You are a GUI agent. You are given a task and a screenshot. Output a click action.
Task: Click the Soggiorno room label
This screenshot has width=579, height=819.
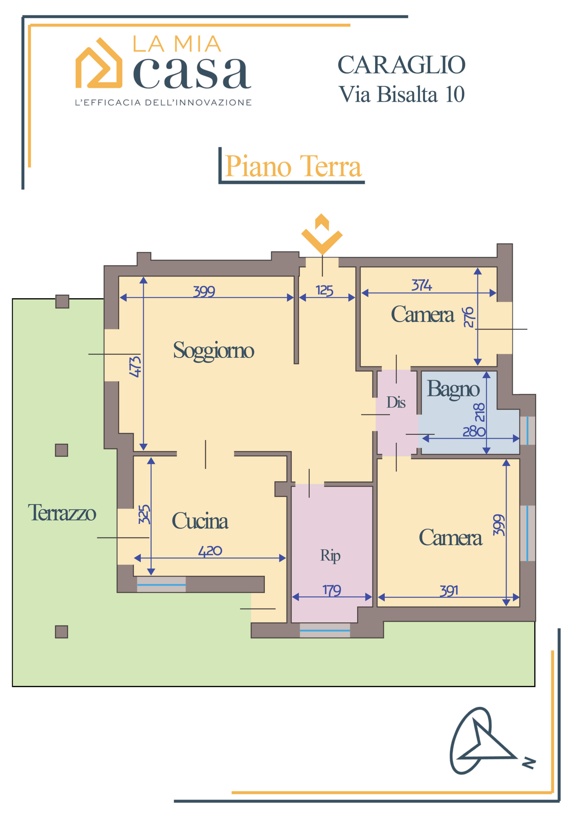213,351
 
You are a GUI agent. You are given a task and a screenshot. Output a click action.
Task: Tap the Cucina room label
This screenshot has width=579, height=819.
200,521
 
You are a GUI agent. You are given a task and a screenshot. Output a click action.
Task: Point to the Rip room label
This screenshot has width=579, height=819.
330,556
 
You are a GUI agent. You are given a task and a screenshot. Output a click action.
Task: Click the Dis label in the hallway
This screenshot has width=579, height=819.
396,403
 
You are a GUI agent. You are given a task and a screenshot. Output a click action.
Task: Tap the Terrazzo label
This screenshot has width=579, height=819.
62,513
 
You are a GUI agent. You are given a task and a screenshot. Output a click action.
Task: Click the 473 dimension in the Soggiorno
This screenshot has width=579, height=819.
135,367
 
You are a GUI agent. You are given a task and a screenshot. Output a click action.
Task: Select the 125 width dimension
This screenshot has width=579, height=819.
324,291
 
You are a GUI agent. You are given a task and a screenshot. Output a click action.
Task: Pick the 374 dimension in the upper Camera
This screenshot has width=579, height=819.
422,285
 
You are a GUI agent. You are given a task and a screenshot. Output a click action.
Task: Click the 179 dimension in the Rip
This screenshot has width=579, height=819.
332,590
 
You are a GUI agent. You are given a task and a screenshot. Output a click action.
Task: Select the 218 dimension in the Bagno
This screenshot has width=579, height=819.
480,412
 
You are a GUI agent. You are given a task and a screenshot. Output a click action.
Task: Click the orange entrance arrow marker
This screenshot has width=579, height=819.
322,235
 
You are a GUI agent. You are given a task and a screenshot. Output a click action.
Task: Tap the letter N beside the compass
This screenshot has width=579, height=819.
529,763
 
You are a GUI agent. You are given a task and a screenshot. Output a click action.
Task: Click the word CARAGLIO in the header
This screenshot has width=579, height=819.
401,65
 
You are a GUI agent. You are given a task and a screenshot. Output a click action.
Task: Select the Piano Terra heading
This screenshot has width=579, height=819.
293,166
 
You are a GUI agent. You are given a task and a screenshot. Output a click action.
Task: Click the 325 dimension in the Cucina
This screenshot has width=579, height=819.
145,514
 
